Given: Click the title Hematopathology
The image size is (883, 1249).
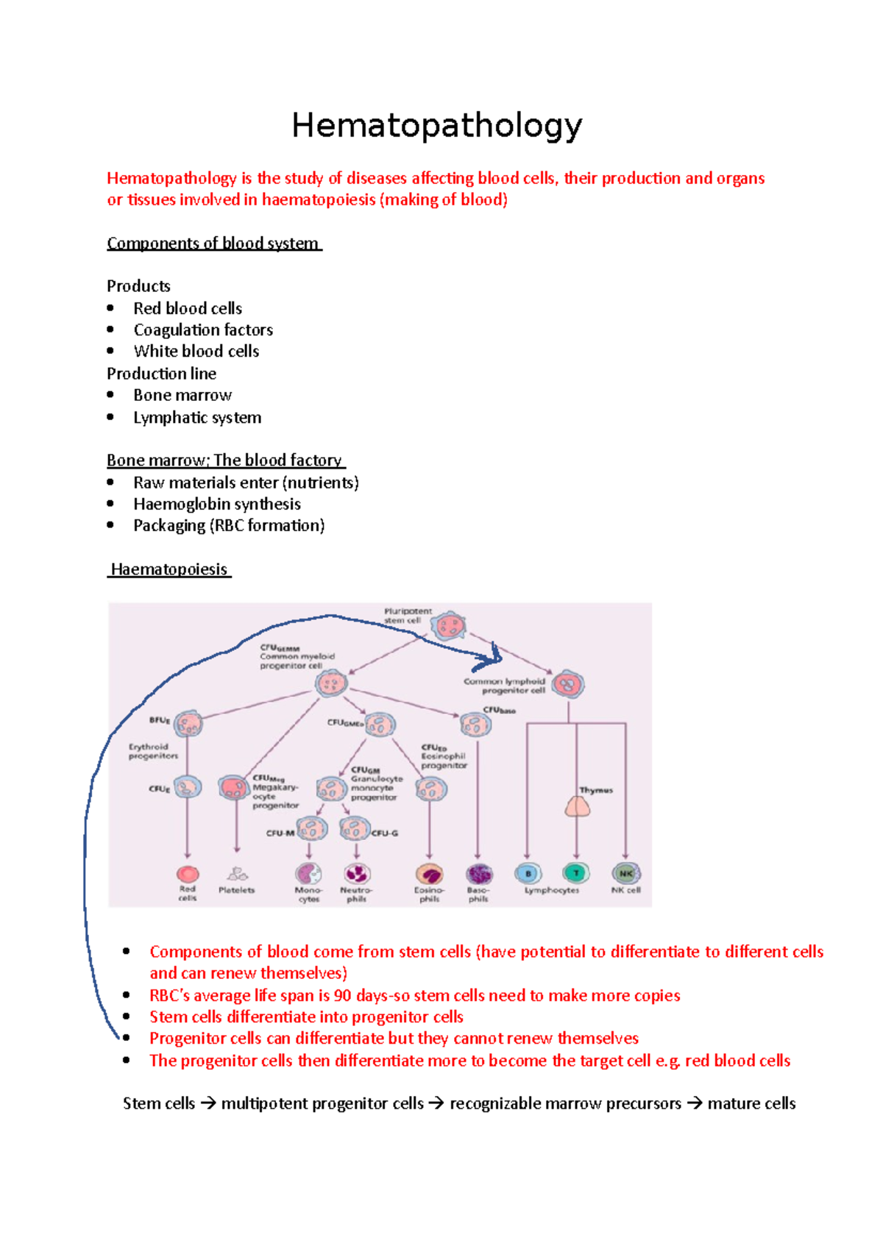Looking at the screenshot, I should point(437,126).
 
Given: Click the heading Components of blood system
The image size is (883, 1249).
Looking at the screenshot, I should point(213,243).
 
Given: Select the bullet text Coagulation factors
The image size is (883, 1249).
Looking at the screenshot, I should point(203,330).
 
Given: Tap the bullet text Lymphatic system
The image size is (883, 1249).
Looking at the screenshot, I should point(197,417).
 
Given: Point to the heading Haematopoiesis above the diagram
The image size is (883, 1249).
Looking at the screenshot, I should point(169,569).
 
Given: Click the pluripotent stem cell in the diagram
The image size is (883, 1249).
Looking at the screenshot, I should point(449,627).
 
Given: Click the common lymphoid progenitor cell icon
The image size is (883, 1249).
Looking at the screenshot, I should point(568,685).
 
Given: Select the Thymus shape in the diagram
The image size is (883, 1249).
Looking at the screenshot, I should point(578,807).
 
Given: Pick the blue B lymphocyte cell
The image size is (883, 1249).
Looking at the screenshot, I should point(528,873).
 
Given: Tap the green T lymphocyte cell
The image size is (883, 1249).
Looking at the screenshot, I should point(576,873).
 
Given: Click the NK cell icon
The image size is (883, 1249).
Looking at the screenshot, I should point(625,873).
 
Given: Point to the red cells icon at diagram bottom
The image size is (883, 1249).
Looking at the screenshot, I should point(188,874).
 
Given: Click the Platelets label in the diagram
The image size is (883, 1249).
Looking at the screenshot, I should point(236,890).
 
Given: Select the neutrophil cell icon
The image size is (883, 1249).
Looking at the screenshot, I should point(357,874).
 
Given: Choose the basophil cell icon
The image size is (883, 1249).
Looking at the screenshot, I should point(479,874).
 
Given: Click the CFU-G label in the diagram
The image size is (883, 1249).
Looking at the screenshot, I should point(385,833).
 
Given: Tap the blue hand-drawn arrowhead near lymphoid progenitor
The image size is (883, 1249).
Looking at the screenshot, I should point(494,656).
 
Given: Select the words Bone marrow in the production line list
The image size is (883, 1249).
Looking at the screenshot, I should point(182,395).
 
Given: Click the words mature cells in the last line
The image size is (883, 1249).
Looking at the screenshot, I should point(751,1103).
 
